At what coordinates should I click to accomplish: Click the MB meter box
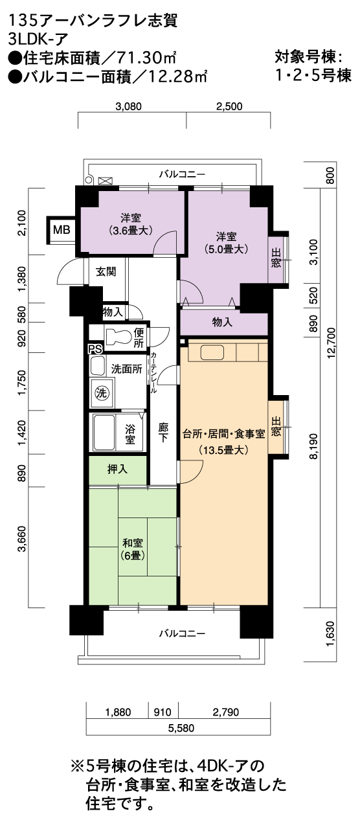[62, 230]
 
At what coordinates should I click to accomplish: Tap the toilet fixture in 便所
[118, 336]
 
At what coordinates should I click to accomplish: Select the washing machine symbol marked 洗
[102, 393]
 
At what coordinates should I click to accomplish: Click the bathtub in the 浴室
[104, 433]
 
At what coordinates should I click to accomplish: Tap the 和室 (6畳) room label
[133, 549]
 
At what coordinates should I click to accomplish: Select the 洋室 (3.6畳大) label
[131, 224]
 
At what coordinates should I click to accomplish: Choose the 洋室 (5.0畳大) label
[227, 243]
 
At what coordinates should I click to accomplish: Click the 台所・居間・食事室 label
[224, 434]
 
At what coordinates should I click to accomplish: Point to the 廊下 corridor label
[163, 432]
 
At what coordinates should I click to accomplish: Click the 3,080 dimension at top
[128, 106]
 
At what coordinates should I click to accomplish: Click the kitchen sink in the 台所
[212, 353]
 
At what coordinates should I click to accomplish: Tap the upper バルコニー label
[182, 174]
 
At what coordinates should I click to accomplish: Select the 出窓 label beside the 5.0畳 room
[276, 258]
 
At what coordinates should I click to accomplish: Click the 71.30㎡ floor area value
[146, 58]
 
